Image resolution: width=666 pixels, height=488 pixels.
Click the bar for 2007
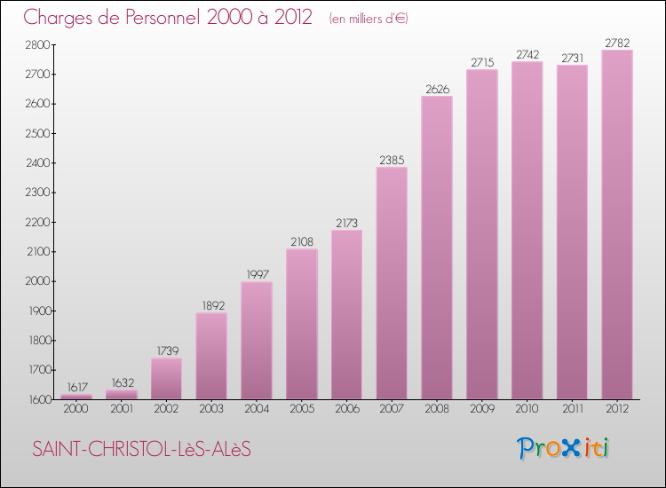[x=392, y=283]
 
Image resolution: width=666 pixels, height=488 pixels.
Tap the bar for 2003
[x=211, y=356]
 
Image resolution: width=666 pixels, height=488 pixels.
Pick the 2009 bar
[x=482, y=234]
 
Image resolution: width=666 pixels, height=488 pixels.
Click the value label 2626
[x=437, y=88]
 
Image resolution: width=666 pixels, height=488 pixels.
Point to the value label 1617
[x=76, y=387]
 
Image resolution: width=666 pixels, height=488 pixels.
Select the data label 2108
[x=302, y=241]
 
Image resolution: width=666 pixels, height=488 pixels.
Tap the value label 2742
[x=527, y=54]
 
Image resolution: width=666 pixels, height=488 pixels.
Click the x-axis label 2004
[x=257, y=410]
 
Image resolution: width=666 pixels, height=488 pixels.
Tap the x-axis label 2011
[x=572, y=410]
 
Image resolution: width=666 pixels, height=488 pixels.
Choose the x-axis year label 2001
[x=122, y=410]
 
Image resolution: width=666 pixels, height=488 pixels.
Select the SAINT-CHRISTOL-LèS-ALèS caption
[x=142, y=450]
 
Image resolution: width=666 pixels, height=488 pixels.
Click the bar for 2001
[x=122, y=395]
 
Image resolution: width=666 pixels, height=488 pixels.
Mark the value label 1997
[x=257, y=274]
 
